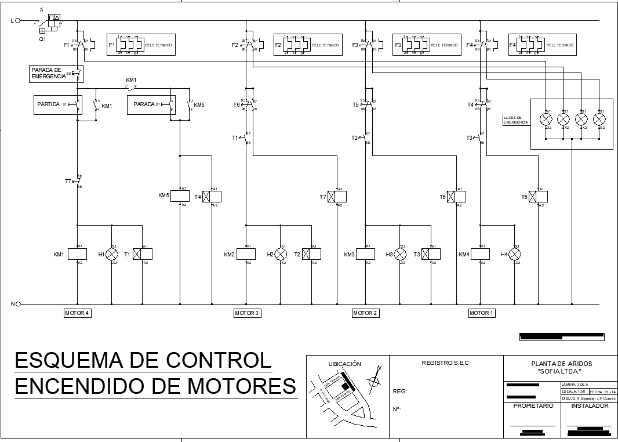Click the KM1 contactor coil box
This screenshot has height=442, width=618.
[x=78, y=254]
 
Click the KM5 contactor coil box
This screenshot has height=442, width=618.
[x=180, y=196]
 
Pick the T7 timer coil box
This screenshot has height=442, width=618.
[x=337, y=196]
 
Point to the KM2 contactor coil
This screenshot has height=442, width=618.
[x=246, y=254]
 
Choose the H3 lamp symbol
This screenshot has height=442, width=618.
[x=399, y=255]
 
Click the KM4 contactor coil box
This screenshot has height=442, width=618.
[x=480, y=254]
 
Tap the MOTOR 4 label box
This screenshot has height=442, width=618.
[x=78, y=313]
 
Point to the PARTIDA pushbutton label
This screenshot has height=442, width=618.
[x=49, y=104]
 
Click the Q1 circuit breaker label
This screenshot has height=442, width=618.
[x=42, y=39]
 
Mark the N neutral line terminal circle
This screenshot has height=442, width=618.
[x=17, y=303]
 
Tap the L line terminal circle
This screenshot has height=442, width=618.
[x=17, y=20]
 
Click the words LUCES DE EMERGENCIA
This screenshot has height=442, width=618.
[x=517, y=119]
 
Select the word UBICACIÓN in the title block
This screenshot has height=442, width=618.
[x=345, y=364]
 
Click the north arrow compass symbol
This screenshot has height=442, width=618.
[x=375, y=381]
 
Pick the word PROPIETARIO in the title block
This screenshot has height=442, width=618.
[x=533, y=406]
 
